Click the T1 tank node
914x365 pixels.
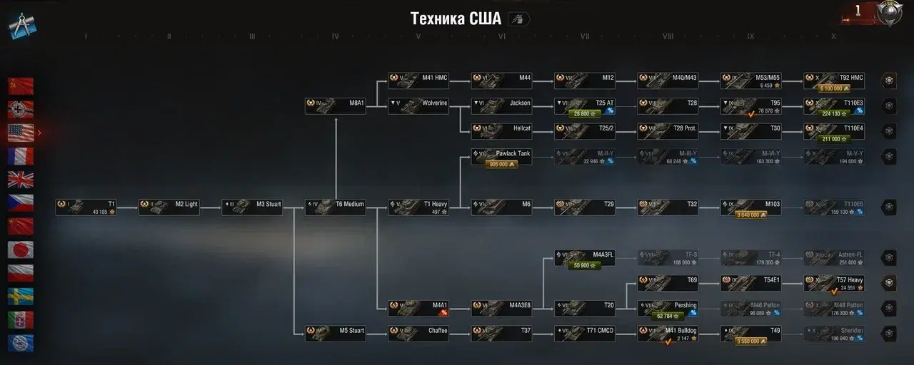[x=86, y=207]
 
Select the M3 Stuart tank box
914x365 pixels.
[x=252, y=207]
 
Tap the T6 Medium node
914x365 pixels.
[x=335, y=207]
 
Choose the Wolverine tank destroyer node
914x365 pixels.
[x=418, y=106]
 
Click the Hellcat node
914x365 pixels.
[x=501, y=131]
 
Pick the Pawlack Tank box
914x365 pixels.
[x=501, y=155]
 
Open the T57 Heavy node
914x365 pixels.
[x=833, y=283]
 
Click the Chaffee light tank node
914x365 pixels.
[x=418, y=333]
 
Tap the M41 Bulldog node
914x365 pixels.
[x=668, y=333]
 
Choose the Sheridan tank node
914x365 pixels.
[x=833, y=333]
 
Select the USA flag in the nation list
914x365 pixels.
[x=21, y=133]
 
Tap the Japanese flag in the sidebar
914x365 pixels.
[x=21, y=249]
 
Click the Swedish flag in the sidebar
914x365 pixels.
[x=21, y=296]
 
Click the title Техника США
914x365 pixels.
[x=456, y=19]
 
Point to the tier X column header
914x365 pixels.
[x=833, y=36]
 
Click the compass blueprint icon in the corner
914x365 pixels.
[x=23, y=26]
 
